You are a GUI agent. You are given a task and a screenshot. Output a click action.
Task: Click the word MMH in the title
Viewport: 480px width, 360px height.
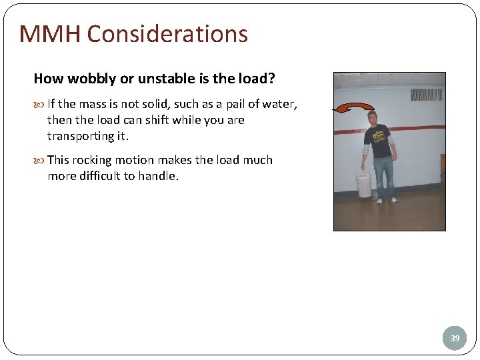pos(49,34)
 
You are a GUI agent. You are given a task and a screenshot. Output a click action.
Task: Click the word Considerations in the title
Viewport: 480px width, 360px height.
pos(167,34)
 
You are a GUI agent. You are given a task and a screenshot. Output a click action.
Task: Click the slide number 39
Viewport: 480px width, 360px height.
pos(455,338)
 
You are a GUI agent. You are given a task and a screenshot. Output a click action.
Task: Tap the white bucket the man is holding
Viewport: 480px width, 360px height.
pos(363,185)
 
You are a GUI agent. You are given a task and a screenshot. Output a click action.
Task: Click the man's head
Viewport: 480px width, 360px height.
pos(373,119)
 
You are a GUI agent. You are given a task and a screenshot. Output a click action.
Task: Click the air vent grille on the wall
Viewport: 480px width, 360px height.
pos(427,94)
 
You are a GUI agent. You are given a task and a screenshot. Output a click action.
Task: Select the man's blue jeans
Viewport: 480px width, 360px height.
pos(383,175)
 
